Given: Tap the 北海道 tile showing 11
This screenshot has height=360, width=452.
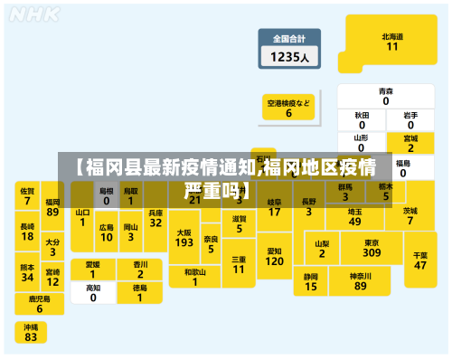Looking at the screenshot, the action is click(391, 43).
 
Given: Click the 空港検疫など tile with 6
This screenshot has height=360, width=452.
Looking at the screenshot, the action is click(288, 109).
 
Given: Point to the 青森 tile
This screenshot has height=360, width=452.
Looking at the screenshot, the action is click(386, 96).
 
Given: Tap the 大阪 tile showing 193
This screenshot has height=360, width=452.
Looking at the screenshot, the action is click(184, 238).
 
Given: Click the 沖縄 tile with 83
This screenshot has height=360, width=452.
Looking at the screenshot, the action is click(31, 332).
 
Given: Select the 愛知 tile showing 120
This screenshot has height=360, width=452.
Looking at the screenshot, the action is click(274, 255).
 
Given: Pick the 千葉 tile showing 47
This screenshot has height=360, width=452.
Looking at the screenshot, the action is click(420, 261).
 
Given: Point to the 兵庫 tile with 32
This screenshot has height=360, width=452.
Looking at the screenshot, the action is click(155, 217).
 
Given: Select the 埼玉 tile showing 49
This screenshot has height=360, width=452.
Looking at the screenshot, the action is click(354, 216).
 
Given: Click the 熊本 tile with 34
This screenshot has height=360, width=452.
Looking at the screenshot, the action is click(27, 272).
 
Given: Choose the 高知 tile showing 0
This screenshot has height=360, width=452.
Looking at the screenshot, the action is click(93, 292).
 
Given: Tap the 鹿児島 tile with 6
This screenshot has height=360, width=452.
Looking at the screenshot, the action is click(39, 304).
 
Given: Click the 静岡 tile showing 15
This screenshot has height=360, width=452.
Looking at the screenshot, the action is click(311, 281).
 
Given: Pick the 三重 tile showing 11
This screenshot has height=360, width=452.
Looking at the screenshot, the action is click(239, 264).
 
